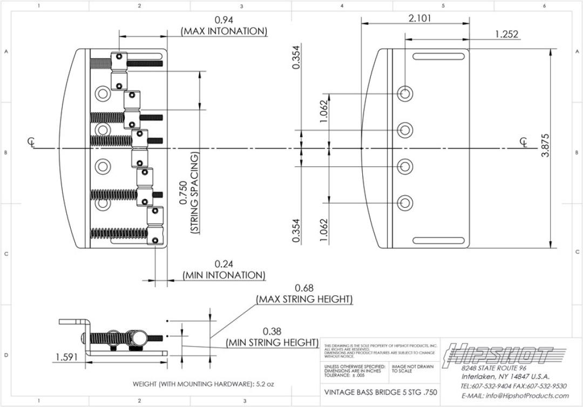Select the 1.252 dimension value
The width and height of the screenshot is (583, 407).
(506, 34)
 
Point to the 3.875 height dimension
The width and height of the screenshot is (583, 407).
(546, 145)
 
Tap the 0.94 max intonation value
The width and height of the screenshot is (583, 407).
(224, 21)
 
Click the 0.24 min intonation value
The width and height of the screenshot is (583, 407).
(224, 264)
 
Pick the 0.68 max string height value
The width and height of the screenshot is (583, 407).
(304, 288)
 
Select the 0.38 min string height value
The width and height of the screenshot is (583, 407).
(272, 331)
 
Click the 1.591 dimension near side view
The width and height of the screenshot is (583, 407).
(66, 357)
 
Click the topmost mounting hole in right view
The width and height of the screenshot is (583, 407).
(405, 93)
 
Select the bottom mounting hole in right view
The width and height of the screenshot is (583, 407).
(405, 203)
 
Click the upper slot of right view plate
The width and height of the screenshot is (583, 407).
(440, 56)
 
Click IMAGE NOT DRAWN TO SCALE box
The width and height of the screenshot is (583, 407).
(412, 369)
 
